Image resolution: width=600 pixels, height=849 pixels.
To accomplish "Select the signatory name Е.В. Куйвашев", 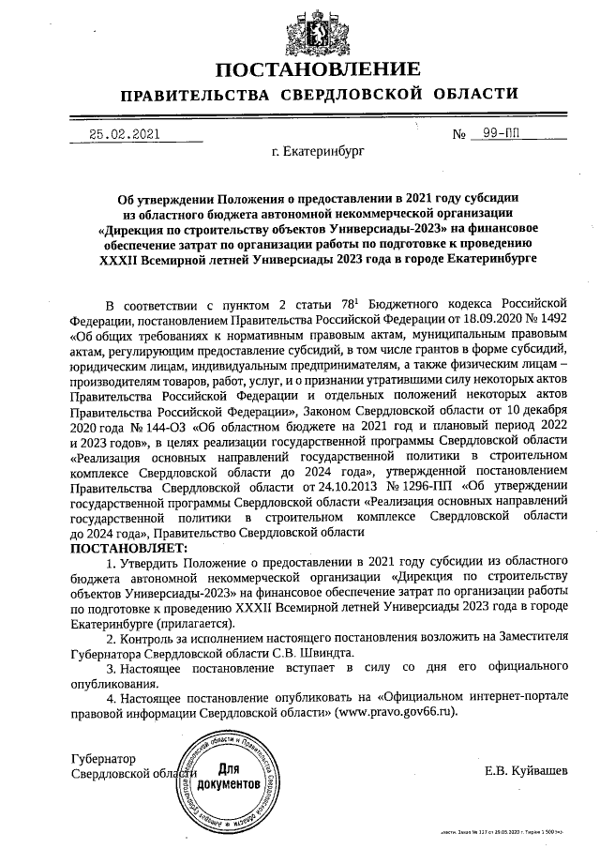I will (x=526, y=771).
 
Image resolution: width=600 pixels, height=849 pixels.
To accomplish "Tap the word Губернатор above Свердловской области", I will (x=104, y=757).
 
